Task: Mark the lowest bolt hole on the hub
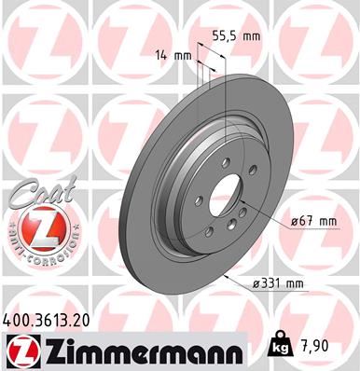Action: point(209,232)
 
